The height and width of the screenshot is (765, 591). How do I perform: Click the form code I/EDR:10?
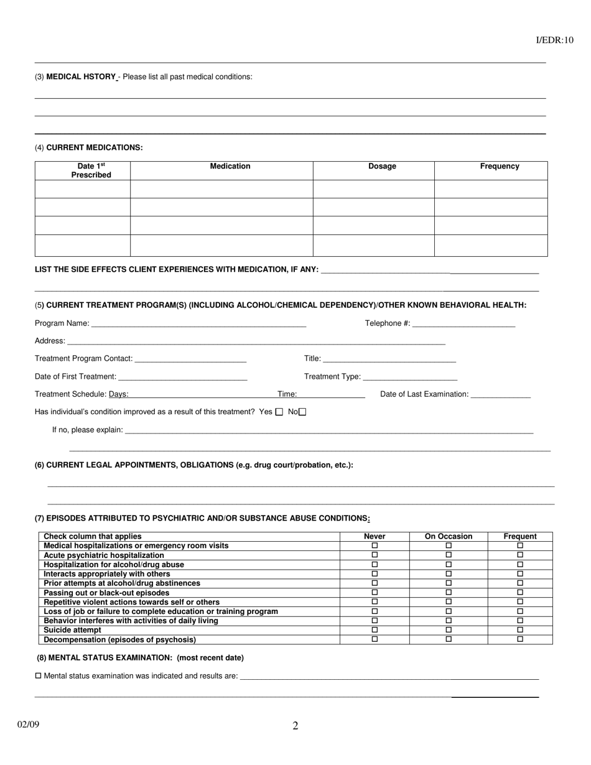click(x=554, y=40)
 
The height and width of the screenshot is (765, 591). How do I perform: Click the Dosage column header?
click(x=382, y=167)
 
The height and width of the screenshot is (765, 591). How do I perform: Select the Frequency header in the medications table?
click(x=499, y=167)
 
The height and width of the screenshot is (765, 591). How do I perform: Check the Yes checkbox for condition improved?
click(x=279, y=412)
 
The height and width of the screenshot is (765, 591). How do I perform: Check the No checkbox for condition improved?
click(x=303, y=412)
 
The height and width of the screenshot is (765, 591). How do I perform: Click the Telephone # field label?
click(x=387, y=323)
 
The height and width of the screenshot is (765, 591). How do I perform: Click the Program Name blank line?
click(x=198, y=325)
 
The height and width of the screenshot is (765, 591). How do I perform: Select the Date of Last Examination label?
click(x=424, y=394)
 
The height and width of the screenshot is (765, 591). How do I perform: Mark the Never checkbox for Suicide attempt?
click(x=375, y=630)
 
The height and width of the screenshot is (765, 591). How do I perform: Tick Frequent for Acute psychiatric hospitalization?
click(x=520, y=555)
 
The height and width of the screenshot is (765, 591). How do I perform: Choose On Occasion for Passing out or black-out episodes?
click(x=449, y=593)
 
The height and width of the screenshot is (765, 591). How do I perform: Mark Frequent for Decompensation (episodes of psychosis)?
click(x=520, y=639)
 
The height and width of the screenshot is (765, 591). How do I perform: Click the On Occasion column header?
click(x=449, y=536)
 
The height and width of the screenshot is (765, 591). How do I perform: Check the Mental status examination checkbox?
click(x=39, y=676)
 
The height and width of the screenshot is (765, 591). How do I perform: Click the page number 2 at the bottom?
click(x=295, y=726)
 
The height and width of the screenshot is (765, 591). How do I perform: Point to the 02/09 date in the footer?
click(x=28, y=724)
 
